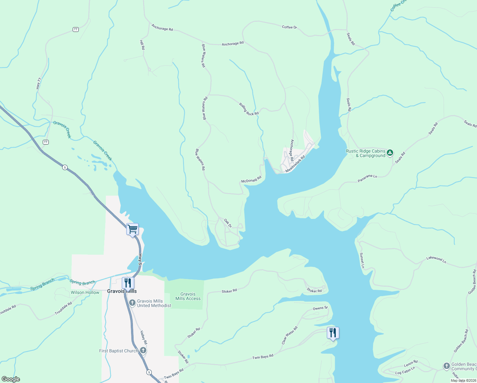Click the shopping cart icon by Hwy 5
pyautogui.click(x=132, y=229)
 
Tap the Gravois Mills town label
pyautogui.click(x=122, y=291)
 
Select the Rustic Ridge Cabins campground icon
pyautogui.click(x=390, y=153)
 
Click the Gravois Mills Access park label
pyautogui.click(x=188, y=297)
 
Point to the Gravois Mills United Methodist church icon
pyautogui.click(x=132, y=302)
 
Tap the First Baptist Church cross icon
pyautogui.click(x=143, y=350)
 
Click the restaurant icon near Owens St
pyautogui.click(x=333, y=333)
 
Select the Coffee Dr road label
pyautogui.click(x=289, y=27)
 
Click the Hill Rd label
pyautogui.click(x=142, y=45)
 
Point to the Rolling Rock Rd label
pyautogui.click(x=249, y=109)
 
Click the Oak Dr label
pyautogui.click(x=228, y=223)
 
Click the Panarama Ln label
pyautogui.click(x=367, y=178)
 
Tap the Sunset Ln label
pyautogui.click(x=362, y=260)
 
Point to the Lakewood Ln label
pyautogui.click(x=436, y=259)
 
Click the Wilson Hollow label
pyautogui.click(x=85, y=292)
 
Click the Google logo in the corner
pyautogui.click(x=11, y=379)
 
